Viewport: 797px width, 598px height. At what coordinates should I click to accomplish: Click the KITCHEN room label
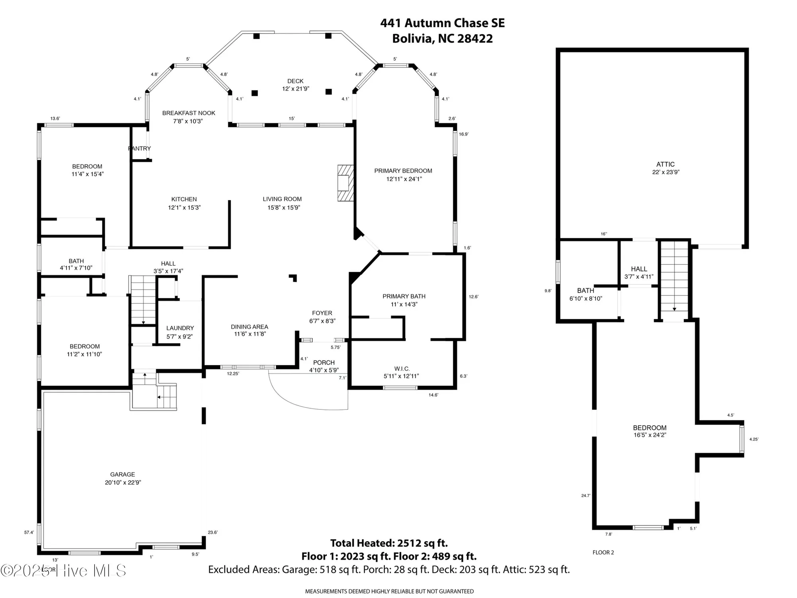[184, 199]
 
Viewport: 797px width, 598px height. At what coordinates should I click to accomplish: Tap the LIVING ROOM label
[282, 199]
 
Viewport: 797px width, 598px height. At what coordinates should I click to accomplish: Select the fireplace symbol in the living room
[345, 183]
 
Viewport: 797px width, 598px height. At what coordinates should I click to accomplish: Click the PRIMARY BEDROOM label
[403, 171]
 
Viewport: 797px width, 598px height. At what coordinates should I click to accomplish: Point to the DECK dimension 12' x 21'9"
[295, 89]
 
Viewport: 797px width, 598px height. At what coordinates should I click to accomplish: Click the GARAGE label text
[122, 474]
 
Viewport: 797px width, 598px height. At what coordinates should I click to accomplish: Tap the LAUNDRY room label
[180, 328]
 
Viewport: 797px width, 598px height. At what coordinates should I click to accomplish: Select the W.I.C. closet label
[402, 369]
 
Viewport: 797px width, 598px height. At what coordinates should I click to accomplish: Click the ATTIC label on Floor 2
[665, 164]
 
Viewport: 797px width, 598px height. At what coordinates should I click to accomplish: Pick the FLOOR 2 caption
[603, 553]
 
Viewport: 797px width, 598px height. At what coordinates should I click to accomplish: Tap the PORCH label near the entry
[324, 362]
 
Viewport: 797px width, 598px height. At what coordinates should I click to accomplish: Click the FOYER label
[322, 313]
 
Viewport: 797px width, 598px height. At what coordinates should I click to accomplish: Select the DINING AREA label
[249, 327]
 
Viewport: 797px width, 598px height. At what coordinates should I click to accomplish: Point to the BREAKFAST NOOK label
[188, 113]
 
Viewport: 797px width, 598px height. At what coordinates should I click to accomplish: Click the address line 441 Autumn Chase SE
[442, 23]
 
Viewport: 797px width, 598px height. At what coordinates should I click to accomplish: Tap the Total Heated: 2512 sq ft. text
[389, 543]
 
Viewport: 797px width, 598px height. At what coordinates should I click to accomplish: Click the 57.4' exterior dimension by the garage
[29, 532]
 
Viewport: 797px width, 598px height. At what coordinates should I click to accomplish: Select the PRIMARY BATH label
[404, 296]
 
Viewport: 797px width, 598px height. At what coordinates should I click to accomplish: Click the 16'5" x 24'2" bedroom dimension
[650, 435]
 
